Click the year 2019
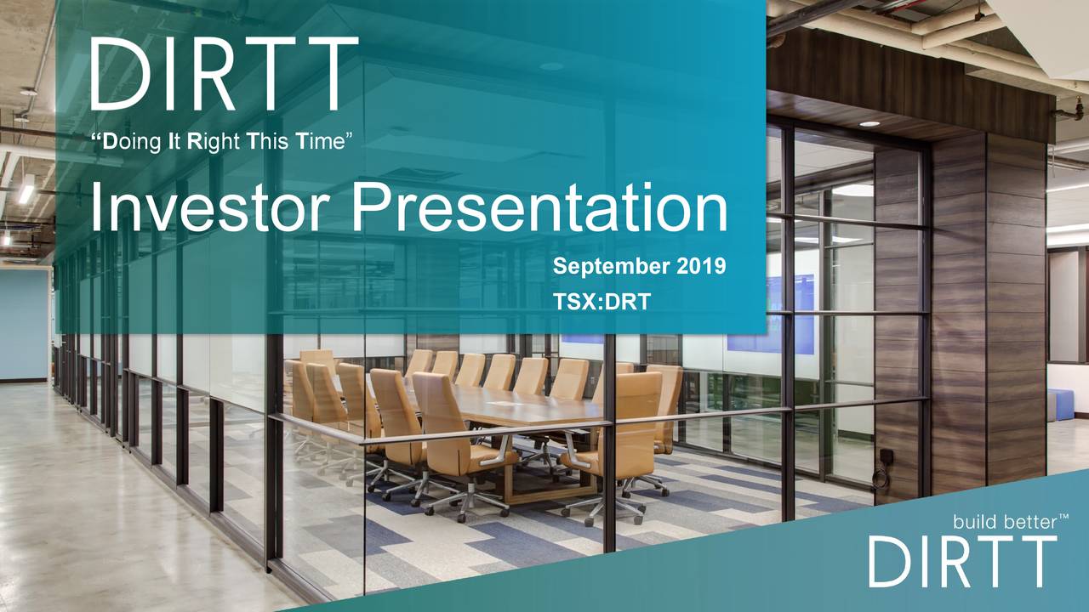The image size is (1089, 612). point(702,267)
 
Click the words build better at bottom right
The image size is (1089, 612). point(1000,522)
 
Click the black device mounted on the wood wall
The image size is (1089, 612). point(885,459)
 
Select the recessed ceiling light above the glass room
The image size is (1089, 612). point(869,124)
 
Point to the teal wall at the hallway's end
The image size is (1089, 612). point(24,323)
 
